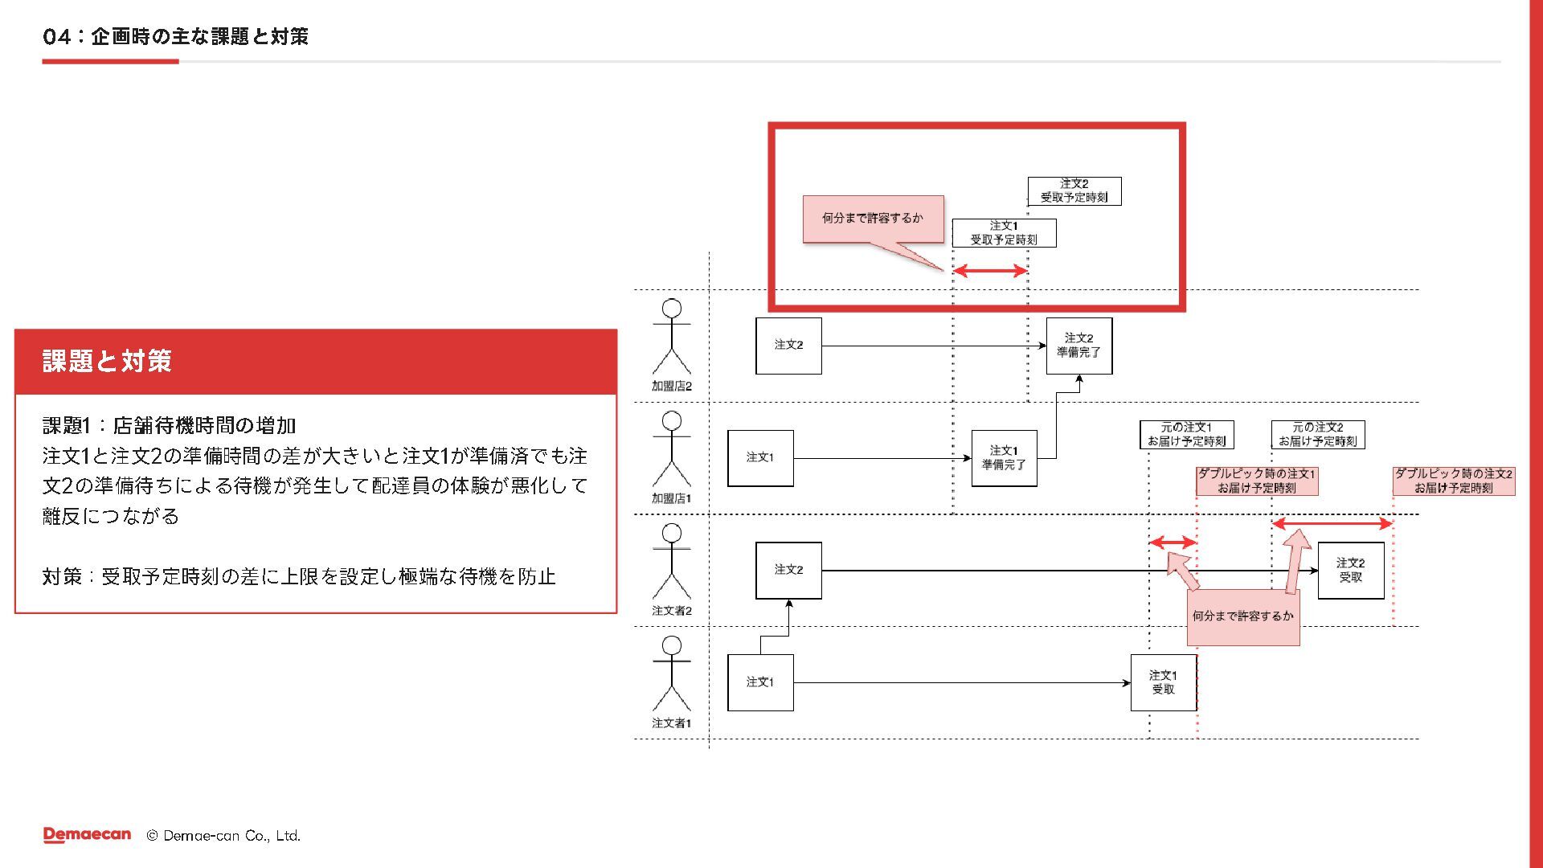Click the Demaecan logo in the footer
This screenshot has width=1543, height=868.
click(x=87, y=835)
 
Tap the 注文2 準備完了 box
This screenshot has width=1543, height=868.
click(x=1078, y=346)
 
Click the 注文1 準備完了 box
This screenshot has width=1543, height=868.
click(x=1004, y=458)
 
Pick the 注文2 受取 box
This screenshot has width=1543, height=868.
click(x=1350, y=571)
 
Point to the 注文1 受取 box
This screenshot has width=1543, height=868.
click(x=1163, y=682)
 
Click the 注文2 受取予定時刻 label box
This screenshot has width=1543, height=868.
click(x=1074, y=190)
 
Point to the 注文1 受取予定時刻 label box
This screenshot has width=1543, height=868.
click(x=1004, y=233)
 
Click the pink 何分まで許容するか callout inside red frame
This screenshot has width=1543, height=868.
click(x=873, y=219)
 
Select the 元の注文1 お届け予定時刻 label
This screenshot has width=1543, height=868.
click(x=1186, y=435)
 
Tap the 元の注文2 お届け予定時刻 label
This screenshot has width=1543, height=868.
click(x=1318, y=435)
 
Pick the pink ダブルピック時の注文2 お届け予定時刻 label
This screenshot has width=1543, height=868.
click(x=1453, y=481)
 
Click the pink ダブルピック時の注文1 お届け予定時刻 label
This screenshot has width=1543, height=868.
click(x=1256, y=481)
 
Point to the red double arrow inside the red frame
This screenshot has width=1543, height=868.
click(x=990, y=271)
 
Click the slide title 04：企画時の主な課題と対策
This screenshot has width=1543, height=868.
click(x=175, y=36)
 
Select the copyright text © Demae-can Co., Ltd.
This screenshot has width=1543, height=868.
click(x=223, y=836)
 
